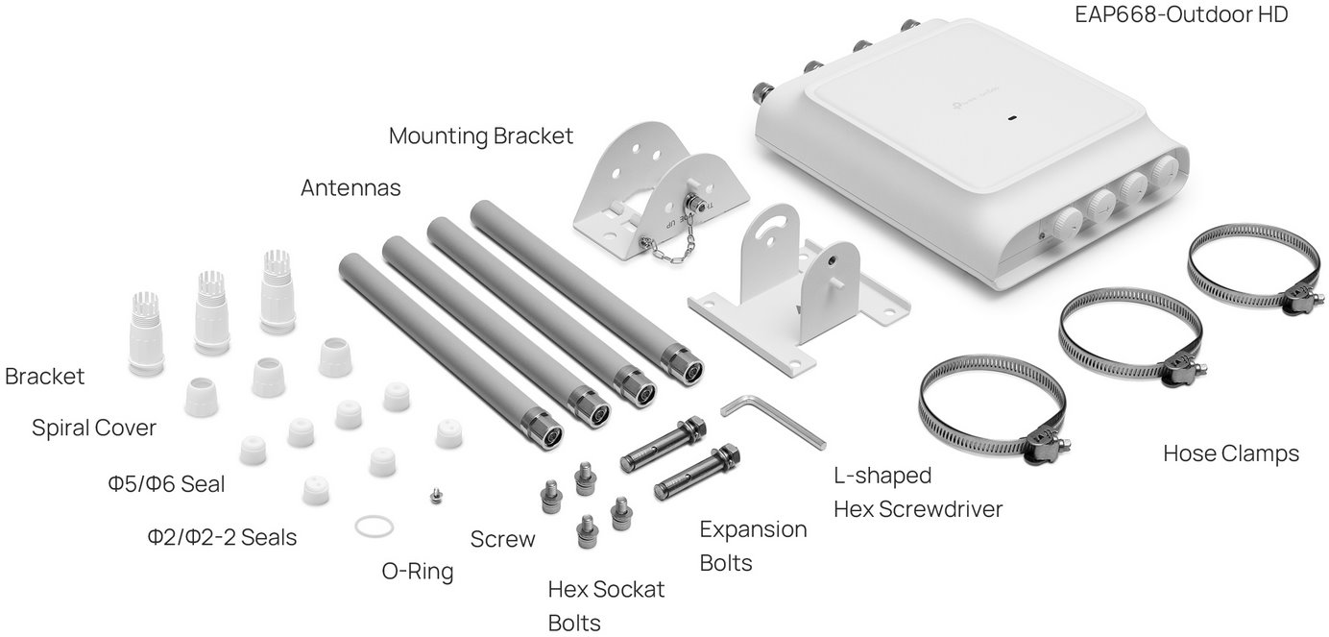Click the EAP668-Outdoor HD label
tap(1179, 14)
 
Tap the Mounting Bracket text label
tap(480, 136)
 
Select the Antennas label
tap(350, 188)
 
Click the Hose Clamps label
tap(1230, 453)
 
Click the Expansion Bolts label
tap(753, 546)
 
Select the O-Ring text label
tap(417, 572)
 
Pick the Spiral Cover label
tap(94, 429)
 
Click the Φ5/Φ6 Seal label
tap(167, 484)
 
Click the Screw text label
tap(502, 540)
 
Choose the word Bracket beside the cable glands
tap(44, 377)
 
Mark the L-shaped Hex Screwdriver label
tap(917, 492)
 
